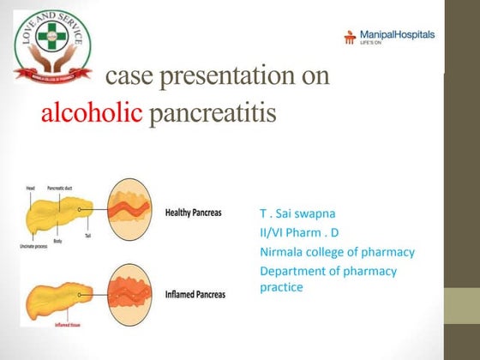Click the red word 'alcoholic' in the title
tap(92, 113)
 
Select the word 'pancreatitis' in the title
tap(213, 113)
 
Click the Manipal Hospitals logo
tap(389, 36)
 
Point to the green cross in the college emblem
tap(52, 37)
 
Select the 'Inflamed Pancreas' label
tap(195, 295)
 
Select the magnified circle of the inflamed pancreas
tap(128, 291)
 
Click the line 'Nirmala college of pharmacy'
tap(337, 252)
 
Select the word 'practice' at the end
tap(281, 287)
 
